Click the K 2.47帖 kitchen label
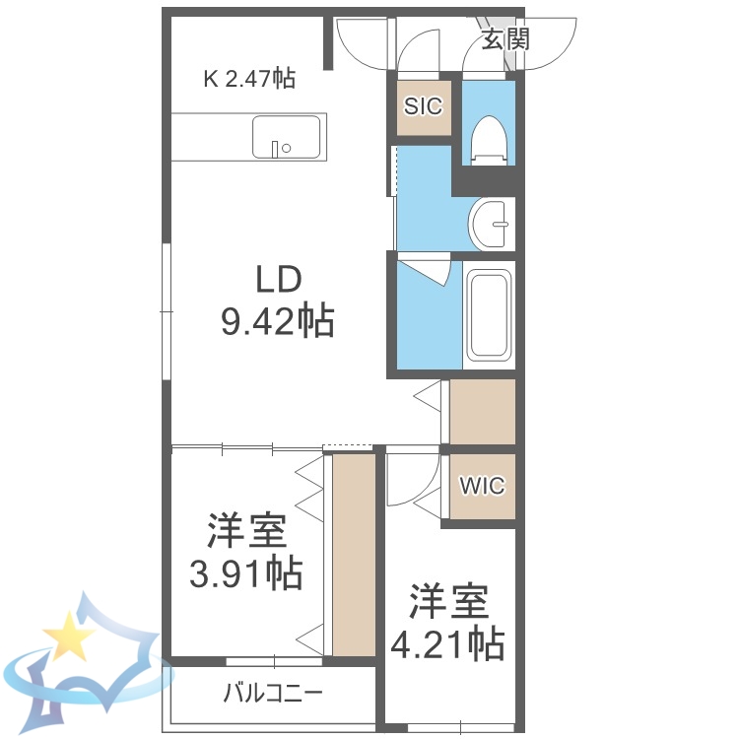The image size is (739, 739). click(x=249, y=78)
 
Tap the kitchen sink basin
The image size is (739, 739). click(x=286, y=137)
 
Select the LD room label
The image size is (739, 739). click(x=278, y=281)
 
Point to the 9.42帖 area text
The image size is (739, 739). click(x=277, y=321)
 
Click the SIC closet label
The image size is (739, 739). click(x=423, y=106)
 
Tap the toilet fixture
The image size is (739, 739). click(x=488, y=138)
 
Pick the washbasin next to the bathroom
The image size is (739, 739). click(x=490, y=225)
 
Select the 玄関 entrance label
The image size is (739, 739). click(x=506, y=39)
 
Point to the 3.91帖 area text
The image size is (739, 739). click(x=246, y=572)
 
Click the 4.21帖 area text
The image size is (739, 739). click(x=448, y=644)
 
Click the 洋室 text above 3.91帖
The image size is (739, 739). click(x=246, y=532)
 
